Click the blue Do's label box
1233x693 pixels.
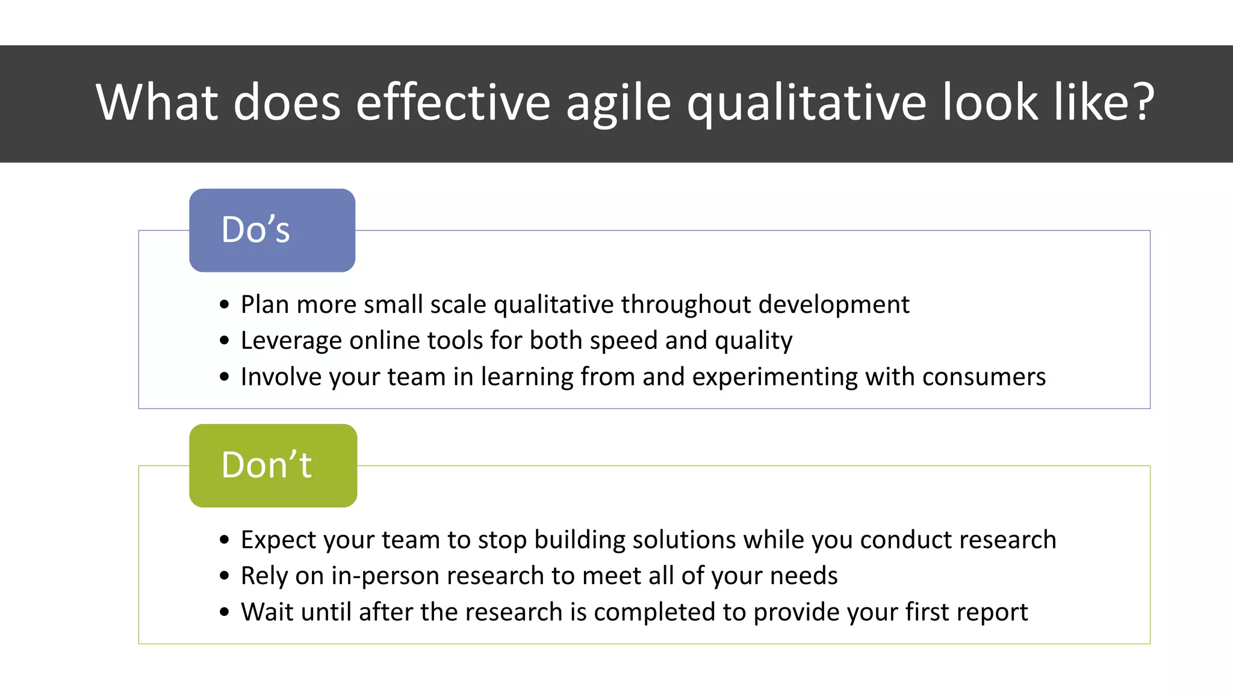(x=272, y=230)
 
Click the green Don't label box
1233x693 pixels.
(x=273, y=466)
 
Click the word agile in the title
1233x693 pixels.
(x=618, y=102)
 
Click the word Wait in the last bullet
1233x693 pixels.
(x=267, y=612)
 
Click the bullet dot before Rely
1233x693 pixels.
(x=225, y=576)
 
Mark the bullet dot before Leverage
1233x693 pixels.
(x=225, y=341)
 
